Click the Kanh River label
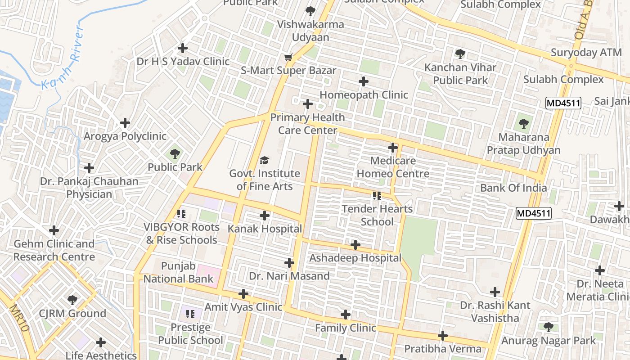point(63,58)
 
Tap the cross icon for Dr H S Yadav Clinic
point(183,48)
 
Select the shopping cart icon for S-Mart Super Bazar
point(288,57)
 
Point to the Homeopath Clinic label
point(364,95)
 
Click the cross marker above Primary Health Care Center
point(308,104)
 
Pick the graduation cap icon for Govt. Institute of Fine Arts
point(265,160)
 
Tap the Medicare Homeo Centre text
point(393,167)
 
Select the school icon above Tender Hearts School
point(377,196)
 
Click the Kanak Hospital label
point(265,229)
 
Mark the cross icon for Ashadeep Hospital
point(355,245)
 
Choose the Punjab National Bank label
point(178,272)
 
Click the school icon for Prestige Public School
point(190,314)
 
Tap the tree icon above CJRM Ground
point(72,300)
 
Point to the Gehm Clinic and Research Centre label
point(54,250)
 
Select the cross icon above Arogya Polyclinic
point(125,123)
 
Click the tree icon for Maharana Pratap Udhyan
point(523,124)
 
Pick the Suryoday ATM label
point(580,53)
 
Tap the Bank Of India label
point(513,188)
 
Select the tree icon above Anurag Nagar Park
point(548,327)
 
